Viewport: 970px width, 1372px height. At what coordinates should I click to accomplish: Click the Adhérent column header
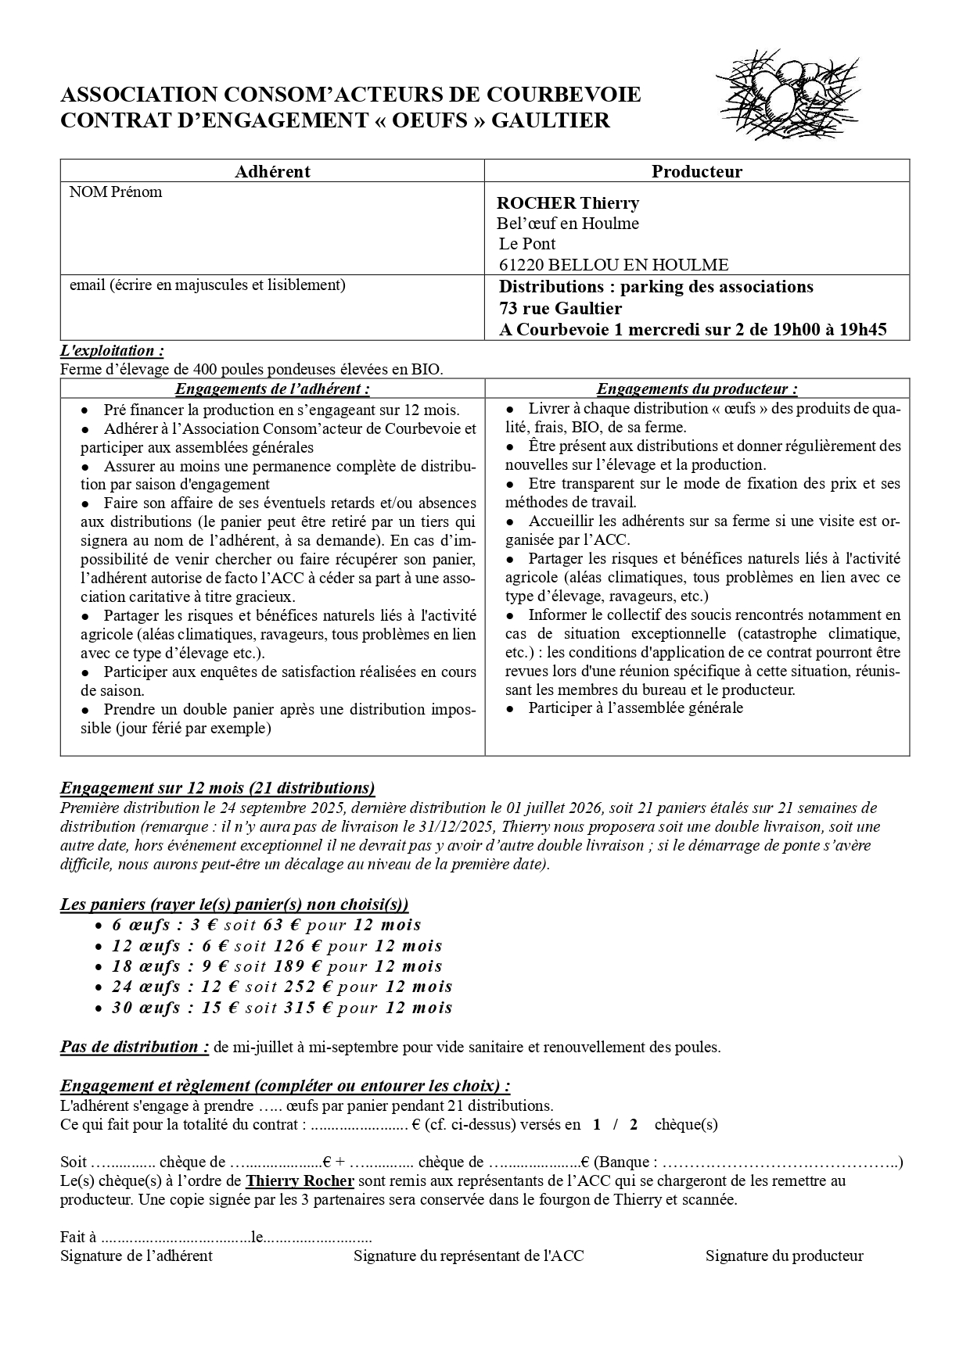pyautogui.click(x=272, y=171)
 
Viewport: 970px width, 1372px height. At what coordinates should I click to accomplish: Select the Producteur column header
pyautogui.click(x=696, y=171)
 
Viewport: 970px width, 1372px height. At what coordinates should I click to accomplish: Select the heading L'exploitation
pyautogui.click(x=112, y=351)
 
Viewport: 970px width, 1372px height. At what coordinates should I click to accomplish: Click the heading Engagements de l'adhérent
pyautogui.click(x=272, y=389)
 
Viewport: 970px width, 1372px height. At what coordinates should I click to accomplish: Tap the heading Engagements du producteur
pyautogui.click(x=696, y=389)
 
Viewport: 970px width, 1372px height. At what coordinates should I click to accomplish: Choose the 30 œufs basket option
pyautogui.click(x=145, y=1008)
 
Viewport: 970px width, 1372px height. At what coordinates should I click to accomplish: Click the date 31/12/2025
pyautogui.click(x=462, y=826)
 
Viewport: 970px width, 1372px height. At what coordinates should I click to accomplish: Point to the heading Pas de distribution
pyautogui.click(x=135, y=1047)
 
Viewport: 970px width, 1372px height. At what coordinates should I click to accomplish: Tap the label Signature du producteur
pyautogui.click(x=784, y=1256)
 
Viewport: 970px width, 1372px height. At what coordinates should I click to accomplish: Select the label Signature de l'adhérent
pyautogui.click(x=136, y=1256)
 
